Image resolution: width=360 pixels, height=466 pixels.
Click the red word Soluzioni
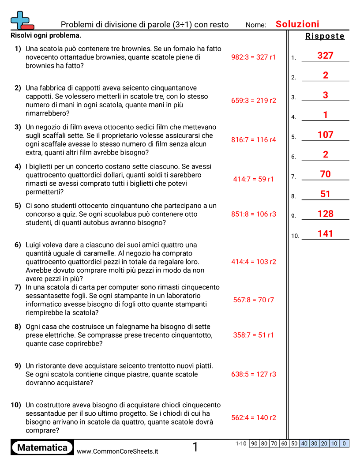coord(297,24)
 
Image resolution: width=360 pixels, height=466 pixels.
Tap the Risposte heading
coord(325,36)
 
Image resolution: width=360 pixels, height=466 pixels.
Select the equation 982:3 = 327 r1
coord(253,57)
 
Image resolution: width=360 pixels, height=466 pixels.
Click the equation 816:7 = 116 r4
coord(253,139)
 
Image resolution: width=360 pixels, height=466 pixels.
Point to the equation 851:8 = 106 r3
coord(253,214)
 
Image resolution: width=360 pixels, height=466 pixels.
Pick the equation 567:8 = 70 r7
coord(253,300)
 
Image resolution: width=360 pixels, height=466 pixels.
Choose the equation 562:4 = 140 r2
coord(253,417)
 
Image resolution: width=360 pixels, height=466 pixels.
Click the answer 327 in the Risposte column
coord(325,56)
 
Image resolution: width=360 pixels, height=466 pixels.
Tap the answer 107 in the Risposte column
coord(325,135)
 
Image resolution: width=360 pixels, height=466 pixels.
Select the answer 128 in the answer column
coord(325,214)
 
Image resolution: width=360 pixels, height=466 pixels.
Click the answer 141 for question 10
coord(325,233)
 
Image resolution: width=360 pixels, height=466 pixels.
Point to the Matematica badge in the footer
coord(42,447)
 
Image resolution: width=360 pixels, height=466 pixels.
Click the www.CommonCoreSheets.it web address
coord(117,451)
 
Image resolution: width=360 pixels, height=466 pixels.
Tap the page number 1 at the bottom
coord(195,447)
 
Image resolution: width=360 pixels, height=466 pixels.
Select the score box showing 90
coord(254,443)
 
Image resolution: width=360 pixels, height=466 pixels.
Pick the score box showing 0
coord(344,443)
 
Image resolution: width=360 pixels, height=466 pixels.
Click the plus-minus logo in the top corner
coord(22,21)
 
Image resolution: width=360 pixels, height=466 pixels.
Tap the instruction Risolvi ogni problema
coord(46,35)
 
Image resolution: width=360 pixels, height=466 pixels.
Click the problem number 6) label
coord(18,245)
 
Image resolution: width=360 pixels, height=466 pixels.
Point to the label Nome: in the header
coord(256,25)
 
